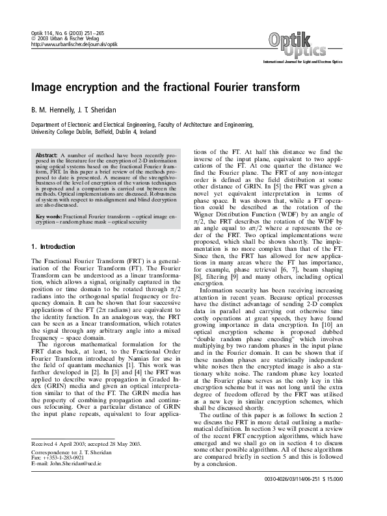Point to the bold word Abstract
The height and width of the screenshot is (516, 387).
pyautogui.click(x=47, y=157)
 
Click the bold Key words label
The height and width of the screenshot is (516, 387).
pyautogui.click(x=49, y=215)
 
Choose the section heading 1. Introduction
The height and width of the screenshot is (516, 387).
pyautogui.click(x=56, y=247)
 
